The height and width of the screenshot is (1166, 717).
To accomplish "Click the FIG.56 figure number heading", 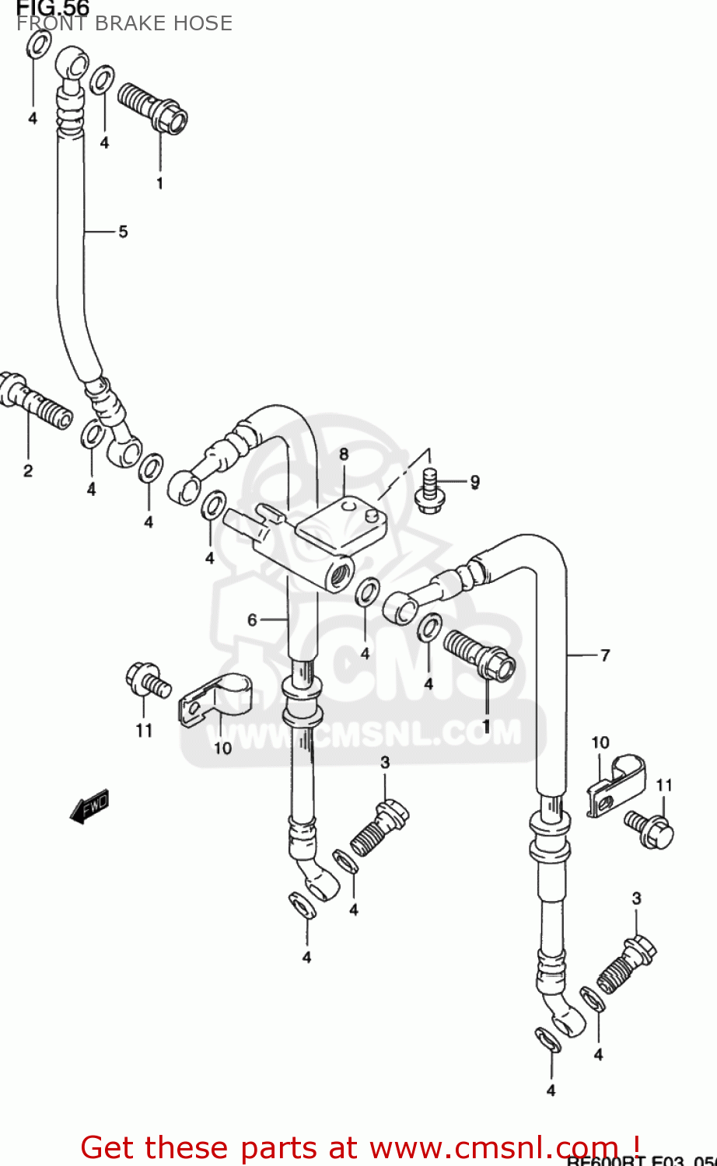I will pos(53,8).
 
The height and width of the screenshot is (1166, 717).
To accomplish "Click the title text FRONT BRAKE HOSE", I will pos(124,23).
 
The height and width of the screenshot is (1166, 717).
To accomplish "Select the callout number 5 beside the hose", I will pos(123,232).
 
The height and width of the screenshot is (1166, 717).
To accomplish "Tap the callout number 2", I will pos(28,471).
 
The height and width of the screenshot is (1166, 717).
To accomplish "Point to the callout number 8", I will pos(344,455).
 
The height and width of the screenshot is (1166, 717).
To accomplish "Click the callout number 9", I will pos(474,482).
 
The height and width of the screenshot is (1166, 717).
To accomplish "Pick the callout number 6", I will pos(252,620).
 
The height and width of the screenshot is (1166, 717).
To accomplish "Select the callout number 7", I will pos(605,655).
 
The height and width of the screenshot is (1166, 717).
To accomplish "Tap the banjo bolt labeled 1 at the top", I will pos(153,108).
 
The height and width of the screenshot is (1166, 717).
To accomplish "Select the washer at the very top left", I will pos(39,45).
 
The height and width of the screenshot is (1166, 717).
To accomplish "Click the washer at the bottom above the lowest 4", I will pos(548,1040).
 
